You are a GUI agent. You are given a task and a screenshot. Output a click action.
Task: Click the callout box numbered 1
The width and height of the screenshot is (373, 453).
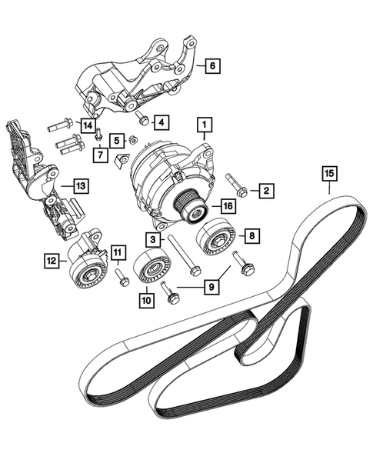204,122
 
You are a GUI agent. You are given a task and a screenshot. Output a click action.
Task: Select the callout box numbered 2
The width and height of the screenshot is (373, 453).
265,190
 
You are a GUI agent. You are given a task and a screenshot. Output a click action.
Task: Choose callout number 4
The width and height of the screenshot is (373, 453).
88,125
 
